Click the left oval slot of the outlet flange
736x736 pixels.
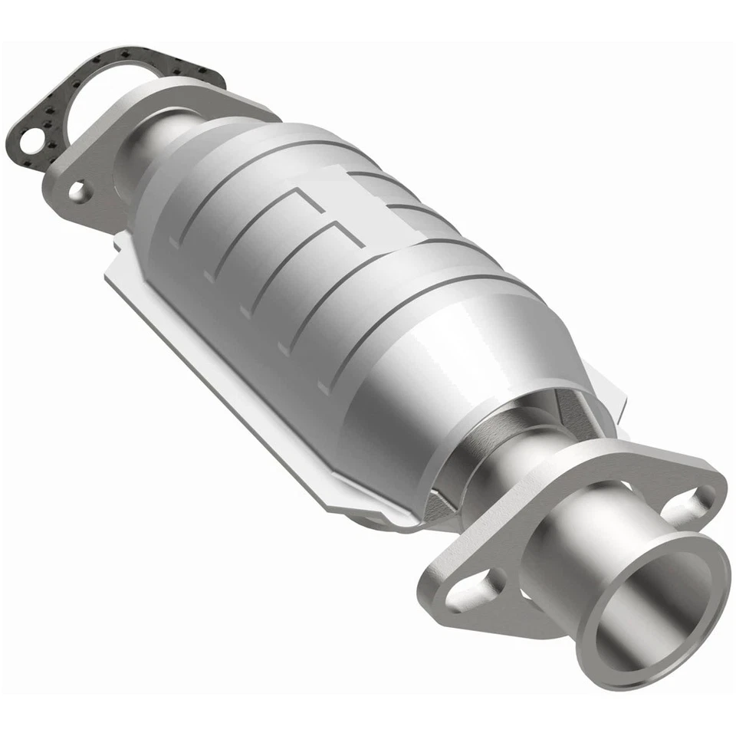coord(475,590)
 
